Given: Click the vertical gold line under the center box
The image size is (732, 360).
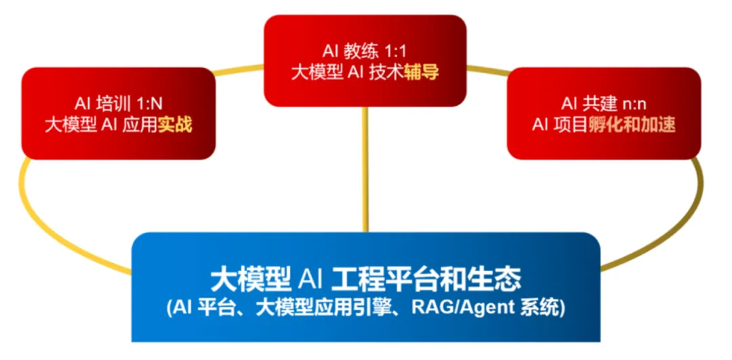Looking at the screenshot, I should tap(366, 169).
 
